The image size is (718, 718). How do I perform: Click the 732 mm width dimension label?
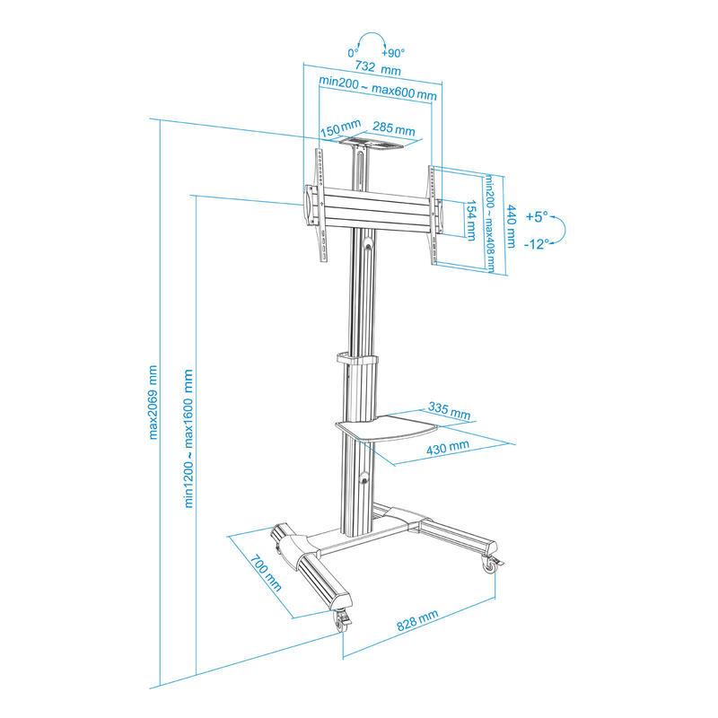378,68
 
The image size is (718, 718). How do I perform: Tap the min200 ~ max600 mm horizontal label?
378,88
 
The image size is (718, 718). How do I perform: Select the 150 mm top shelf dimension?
340,128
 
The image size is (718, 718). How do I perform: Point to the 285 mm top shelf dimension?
393,128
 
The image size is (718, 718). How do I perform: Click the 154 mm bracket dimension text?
470,220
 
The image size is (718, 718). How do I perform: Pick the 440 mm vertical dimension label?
511,226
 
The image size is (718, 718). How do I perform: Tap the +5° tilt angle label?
537,216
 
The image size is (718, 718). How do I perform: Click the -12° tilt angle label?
536,244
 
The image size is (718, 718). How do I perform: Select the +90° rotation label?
393,53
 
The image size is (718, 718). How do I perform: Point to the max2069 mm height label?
153,402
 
